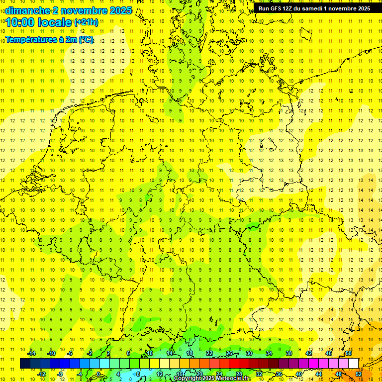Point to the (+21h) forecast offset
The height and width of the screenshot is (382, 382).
86,22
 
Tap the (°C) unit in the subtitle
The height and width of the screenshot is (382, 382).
86,40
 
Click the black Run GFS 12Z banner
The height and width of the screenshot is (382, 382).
314,8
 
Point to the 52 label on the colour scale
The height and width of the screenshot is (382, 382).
359,374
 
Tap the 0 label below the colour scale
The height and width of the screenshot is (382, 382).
98,374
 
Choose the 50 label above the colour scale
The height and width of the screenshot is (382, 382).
349,353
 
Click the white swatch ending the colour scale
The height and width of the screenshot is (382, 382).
353,364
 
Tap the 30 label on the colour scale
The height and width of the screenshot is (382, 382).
249,353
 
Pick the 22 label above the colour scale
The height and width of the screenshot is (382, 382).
209,353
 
